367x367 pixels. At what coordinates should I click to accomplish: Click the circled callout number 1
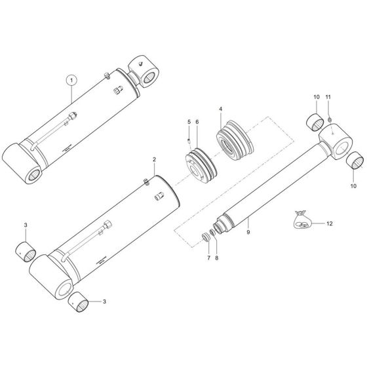pyautogui.click(x=71, y=81)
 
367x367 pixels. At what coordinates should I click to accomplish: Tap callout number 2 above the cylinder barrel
pyautogui.click(x=154, y=159)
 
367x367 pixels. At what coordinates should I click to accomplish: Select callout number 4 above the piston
pyautogui.click(x=221, y=108)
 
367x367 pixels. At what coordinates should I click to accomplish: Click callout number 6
pyautogui.click(x=197, y=122)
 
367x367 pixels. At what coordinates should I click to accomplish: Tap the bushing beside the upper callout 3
pyautogui.click(x=27, y=250)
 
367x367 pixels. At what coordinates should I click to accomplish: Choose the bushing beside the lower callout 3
pyautogui.click(x=79, y=303)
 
